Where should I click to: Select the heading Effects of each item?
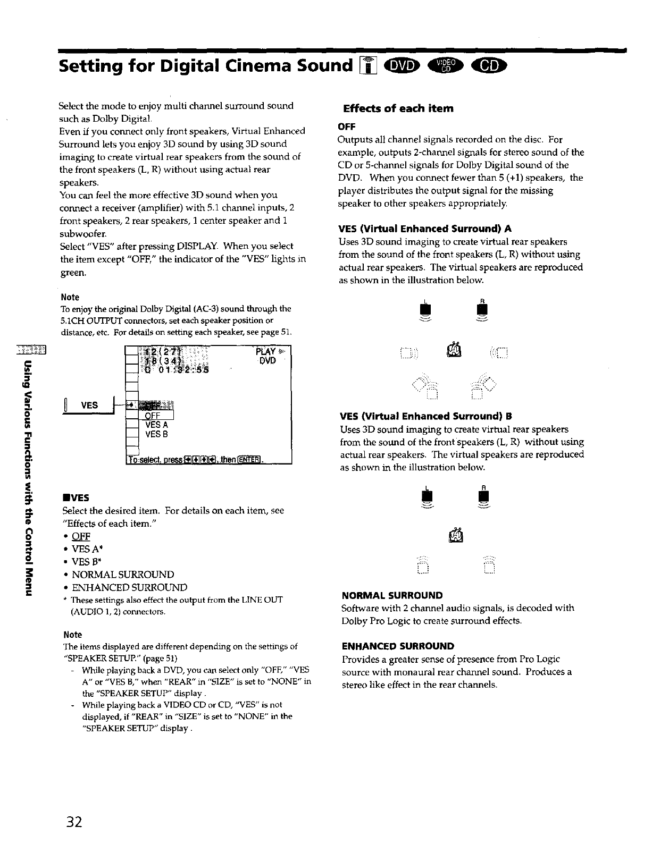click(398, 108)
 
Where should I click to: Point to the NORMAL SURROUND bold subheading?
click(391, 595)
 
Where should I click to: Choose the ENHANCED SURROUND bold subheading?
click(397, 646)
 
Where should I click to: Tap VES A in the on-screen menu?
click(156, 425)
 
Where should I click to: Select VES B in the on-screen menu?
click(156, 434)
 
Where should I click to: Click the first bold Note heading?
click(70, 297)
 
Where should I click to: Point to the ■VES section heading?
click(76, 497)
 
